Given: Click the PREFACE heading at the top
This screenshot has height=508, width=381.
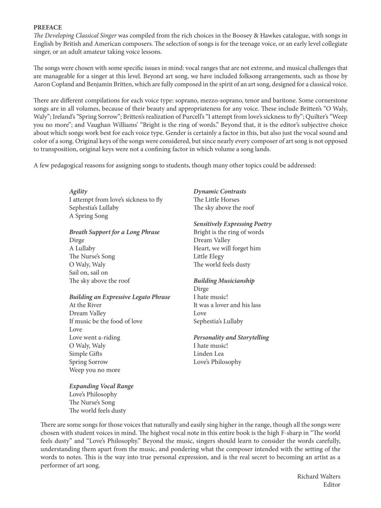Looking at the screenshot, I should pos(48,27).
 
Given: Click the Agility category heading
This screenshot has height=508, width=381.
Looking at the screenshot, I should pos(78,191).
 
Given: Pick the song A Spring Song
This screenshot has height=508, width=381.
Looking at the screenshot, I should pos(88,216).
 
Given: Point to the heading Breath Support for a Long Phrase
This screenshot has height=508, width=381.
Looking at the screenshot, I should pos(114,232).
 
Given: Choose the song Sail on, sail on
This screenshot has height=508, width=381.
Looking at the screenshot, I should pos(88,273).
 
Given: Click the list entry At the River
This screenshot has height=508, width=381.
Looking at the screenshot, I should pos(85,305).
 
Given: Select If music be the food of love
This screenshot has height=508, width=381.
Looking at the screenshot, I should pos(105,321).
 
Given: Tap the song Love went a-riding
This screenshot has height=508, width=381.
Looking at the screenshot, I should pos(94,337).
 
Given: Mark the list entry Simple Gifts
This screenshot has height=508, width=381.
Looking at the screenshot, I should pos(85,354).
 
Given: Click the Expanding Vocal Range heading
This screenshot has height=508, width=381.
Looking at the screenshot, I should pos(101,386).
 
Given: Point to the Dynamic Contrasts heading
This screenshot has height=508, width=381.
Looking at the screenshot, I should pos(220,191).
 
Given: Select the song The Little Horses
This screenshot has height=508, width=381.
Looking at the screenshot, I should pos(216,199).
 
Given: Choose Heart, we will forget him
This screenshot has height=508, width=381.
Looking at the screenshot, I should pos(227,248).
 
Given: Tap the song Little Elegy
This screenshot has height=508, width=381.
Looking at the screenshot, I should pos(209,256).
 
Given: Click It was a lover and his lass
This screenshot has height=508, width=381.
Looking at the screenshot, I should pos(227,305).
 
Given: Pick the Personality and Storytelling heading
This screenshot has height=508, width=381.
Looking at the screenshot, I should pos(231,337).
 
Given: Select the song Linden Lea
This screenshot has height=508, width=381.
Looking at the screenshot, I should pos(209,354).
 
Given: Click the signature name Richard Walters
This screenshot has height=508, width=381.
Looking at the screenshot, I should pos(318,476).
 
